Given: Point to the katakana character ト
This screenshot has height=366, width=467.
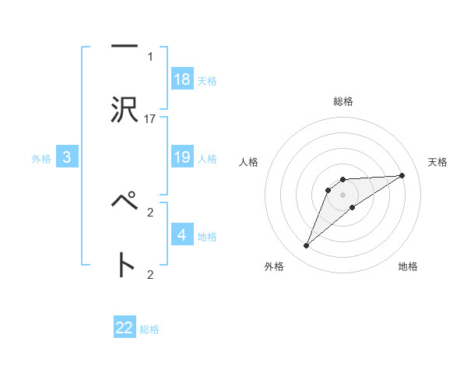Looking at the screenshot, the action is (x=124, y=265).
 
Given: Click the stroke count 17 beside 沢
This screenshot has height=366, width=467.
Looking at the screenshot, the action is (x=150, y=119).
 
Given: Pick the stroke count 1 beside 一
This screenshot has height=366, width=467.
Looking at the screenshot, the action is (x=150, y=57).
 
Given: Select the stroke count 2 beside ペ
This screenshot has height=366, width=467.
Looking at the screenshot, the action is (x=150, y=211).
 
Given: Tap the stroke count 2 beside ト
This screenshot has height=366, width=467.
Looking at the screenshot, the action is (x=150, y=273).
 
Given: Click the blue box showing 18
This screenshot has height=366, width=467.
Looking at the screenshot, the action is (x=182, y=79).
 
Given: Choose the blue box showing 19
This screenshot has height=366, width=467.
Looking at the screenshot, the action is (x=182, y=157).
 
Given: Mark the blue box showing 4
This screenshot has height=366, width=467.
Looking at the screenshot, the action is (x=182, y=235).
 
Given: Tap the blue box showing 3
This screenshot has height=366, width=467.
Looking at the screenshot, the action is (x=67, y=157).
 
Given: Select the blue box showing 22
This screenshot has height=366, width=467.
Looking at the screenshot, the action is (x=125, y=328).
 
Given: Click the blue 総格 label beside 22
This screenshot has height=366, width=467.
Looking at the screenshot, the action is (x=149, y=329).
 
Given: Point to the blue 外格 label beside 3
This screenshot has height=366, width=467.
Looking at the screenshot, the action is (x=41, y=159).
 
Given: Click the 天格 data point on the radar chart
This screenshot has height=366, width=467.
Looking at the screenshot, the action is (x=402, y=175).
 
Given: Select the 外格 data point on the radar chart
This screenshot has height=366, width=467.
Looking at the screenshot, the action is (x=306, y=246).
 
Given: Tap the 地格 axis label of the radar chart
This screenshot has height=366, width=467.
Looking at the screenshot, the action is (x=408, y=266).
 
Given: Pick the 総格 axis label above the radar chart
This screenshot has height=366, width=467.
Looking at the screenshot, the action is (x=343, y=101).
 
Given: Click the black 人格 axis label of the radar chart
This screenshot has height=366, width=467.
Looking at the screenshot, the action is (x=249, y=162).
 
